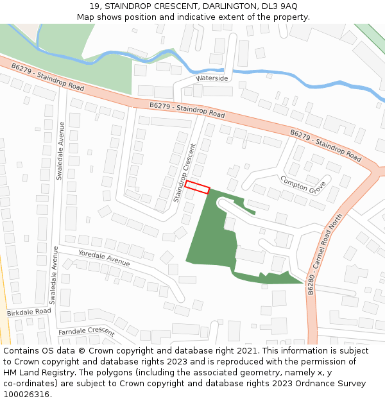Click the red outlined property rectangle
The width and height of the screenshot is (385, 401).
click(x=198, y=187)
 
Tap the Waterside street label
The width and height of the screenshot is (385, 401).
click(x=212, y=78)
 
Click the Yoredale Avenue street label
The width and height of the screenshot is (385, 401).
click(x=104, y=258)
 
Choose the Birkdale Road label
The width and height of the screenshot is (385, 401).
click(x=29, y=312)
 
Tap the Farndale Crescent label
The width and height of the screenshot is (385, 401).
click(x=86, y=332)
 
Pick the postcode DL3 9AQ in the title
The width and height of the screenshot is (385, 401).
click(x=279, y=6)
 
